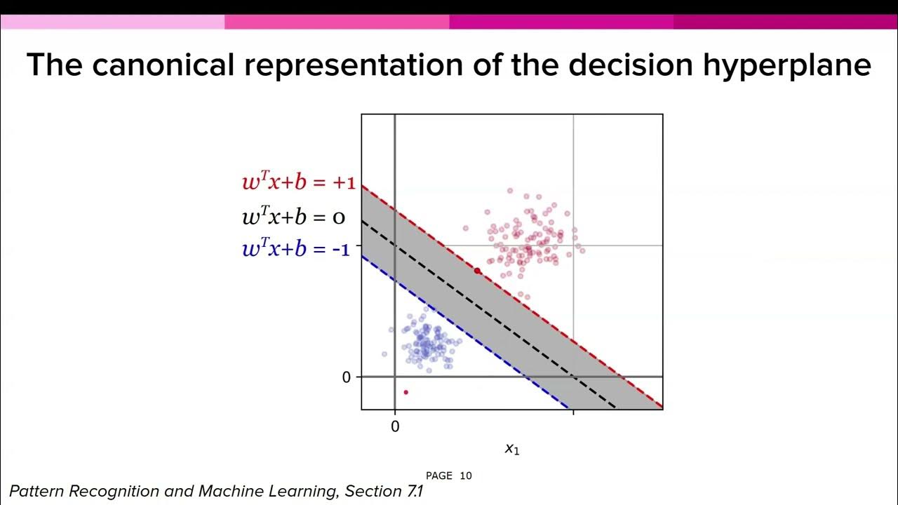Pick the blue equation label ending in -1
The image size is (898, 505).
point(295,248)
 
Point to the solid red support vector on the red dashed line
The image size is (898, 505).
point(477,271)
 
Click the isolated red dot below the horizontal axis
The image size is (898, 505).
point(406,392)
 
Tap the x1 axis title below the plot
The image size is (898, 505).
point(512,449)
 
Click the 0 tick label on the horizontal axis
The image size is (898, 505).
point(395,426)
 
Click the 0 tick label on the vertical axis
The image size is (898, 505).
point(346,377)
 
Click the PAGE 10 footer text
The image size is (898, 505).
point(449,476)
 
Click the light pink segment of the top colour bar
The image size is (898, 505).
point(112,22)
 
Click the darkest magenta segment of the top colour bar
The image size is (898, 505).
point(786,22)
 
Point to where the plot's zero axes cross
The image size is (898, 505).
point(395,377)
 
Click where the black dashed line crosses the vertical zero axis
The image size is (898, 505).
point(395,244)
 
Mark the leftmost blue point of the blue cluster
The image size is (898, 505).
point(384,354)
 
